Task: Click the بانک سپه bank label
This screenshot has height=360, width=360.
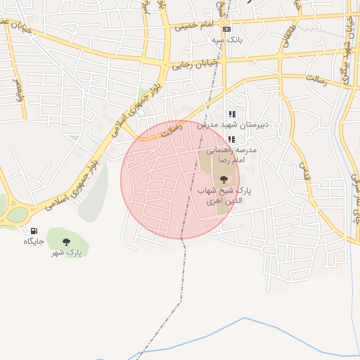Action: [x=228, y=40]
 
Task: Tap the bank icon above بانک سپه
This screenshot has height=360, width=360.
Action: [x=226, y=29]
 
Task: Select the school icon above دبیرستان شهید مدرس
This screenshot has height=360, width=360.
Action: [x=232, y=113]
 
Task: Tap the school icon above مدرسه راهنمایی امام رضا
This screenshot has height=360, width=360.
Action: [x=231, y=139]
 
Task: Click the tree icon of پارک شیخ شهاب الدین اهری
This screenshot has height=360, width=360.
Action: [x=224, y=179]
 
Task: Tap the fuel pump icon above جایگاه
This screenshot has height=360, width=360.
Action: [x=33, y=231]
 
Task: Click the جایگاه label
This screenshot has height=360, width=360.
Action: [x=34, y=241]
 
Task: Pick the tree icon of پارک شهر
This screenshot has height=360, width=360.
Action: [x=67, y=242]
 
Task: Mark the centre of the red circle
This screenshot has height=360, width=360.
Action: [x=181, y=179]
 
